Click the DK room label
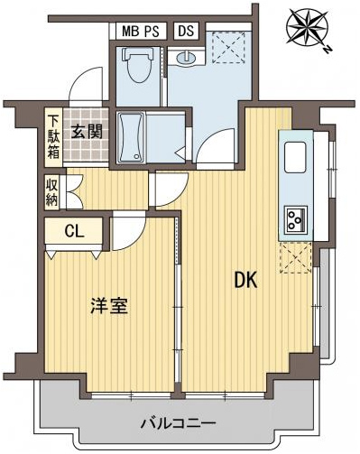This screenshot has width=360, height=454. [x=245, y=281]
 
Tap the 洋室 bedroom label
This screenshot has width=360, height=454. [x=109, y=306]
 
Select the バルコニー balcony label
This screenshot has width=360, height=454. [x=179, y=423]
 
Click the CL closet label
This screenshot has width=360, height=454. [x=74, y=232]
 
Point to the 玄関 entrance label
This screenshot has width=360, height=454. [x=87, y=132]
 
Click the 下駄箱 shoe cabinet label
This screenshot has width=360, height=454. [x=54, y=138]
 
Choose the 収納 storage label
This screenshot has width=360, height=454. [x=52, y=192]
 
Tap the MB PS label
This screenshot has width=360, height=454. [x=141, y=32]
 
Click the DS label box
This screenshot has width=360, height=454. [x=187, y=31]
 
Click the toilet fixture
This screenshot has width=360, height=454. [x=138, y=64]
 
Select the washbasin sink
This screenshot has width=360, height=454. [x=186, y=58]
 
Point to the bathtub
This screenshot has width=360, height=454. [x=131, y=137]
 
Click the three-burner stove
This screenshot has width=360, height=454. [x=296, y=219]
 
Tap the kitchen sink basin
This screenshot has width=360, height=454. [x=295, y=157]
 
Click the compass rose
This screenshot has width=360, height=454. [x=307, y=28]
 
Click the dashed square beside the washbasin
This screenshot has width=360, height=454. [x=229, y=47]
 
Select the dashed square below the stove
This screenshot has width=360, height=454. [x=296, y=258]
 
